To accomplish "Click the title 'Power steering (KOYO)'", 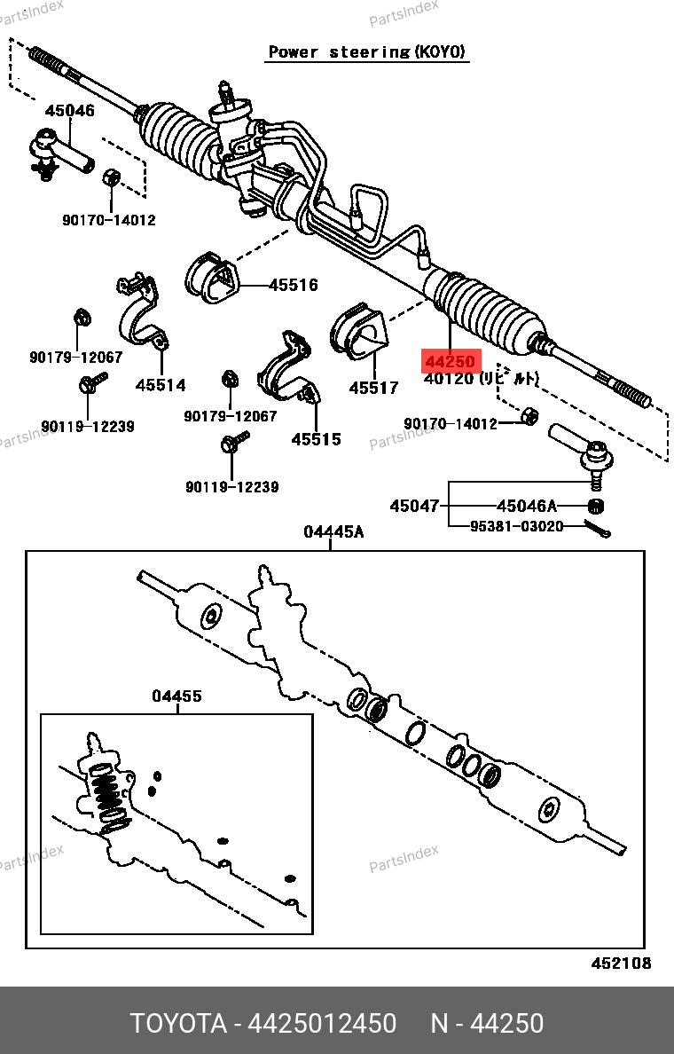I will coord(367,52).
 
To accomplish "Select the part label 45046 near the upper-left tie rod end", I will coord(70,111).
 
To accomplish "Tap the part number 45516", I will coord(293,285).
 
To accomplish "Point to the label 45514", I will coord(161,385).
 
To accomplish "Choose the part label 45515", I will coord(316,439).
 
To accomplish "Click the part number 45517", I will coord(373,388).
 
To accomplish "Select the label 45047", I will coord(414,506).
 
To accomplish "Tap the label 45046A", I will coord(527,506).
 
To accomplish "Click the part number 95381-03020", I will coord(516,526).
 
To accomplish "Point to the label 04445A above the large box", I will coord(333,531).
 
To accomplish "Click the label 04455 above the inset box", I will coord(176,696).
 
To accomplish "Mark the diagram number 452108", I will coord(622,964).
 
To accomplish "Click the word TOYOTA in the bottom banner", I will coord(178,1023).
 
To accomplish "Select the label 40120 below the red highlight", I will coord(449,379).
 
